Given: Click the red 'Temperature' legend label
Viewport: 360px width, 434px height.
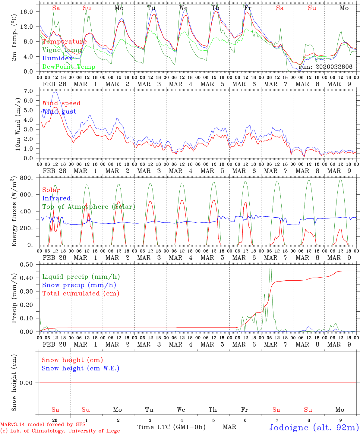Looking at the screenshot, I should (65, 42).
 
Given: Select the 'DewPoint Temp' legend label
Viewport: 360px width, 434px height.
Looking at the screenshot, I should (69, 67).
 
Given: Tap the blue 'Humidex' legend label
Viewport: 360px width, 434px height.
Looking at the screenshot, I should (58, 58).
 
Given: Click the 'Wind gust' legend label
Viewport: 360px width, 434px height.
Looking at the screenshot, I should (59, 112).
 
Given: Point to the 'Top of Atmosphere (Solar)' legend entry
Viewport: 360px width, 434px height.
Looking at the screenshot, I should (89, 207).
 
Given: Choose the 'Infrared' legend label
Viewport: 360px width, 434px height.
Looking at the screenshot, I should (56, 198).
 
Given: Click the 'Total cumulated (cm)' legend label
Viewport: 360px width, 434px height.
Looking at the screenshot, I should (81, 294).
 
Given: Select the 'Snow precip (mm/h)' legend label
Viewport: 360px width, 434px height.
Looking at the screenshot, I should (79, 285).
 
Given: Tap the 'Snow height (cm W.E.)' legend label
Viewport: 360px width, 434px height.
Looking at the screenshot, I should (81, 368).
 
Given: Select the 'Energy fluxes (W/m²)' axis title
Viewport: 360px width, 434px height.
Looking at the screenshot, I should (14, 212).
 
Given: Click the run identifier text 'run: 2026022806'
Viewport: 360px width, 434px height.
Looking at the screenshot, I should (325, 67).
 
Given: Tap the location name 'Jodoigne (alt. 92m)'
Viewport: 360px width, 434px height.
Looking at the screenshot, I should (314, 427).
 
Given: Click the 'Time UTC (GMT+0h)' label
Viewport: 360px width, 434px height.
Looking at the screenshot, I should (171, 427).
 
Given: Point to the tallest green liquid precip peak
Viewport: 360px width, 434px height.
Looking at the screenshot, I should (270, 268).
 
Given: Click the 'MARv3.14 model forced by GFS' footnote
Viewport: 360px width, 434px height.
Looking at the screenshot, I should (43, 425).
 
